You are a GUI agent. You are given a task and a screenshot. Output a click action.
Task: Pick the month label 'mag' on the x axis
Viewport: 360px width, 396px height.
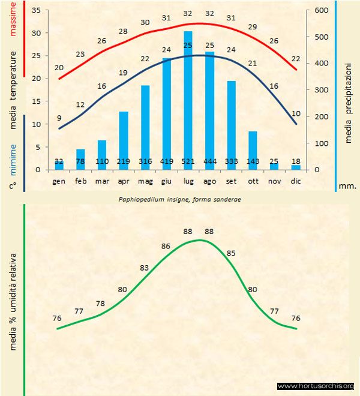145,181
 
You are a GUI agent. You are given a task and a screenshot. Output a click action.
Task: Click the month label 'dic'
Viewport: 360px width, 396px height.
296,181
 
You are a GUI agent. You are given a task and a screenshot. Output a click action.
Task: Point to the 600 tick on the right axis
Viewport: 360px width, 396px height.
322,11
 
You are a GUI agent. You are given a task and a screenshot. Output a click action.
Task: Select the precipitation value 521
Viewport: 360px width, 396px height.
188,162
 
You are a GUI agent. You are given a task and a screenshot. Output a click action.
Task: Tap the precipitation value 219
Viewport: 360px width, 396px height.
124,162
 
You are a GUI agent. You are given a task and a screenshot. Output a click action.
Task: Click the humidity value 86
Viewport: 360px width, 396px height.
166,246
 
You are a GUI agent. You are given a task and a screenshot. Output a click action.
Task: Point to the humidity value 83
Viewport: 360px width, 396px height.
144,268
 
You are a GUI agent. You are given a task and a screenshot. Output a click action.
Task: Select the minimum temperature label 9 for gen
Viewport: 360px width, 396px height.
59,118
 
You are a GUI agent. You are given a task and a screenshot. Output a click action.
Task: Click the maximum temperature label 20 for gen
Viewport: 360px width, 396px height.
59,68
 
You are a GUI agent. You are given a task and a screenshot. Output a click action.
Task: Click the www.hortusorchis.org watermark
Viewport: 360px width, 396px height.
316,386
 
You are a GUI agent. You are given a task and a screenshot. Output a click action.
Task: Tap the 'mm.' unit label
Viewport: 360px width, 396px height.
348,186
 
